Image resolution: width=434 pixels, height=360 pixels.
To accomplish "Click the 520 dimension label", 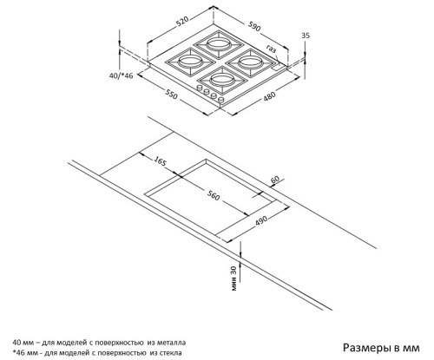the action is point(182,21).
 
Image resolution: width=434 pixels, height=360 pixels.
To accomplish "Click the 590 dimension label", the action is point(254,26).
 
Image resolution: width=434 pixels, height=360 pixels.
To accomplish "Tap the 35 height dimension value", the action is point(306,36).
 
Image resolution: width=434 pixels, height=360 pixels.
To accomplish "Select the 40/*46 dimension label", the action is point(122,75).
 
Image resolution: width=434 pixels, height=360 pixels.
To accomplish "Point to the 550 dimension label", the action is point(171,94).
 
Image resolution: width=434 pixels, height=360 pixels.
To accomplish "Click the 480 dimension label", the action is point(269,96).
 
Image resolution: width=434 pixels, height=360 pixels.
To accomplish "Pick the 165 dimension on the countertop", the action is point(160,161).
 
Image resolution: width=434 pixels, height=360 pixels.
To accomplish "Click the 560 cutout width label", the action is point(214,196).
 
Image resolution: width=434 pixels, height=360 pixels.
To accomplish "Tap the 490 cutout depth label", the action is point(261,220).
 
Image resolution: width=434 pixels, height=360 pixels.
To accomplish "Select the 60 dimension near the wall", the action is point(275,180).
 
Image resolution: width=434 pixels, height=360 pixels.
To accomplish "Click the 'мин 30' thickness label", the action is point(234,278).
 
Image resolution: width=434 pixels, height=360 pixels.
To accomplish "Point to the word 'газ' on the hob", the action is point(272,49).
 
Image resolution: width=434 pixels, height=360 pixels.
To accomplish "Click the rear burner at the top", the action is point(219,44).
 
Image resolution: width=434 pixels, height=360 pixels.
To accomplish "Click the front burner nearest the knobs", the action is point(222,80).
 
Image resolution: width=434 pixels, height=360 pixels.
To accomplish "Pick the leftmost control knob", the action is point(200,88).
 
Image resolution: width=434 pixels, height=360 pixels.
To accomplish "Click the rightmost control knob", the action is point(221,100).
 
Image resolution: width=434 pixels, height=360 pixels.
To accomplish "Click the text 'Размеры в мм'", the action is point(381,348).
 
